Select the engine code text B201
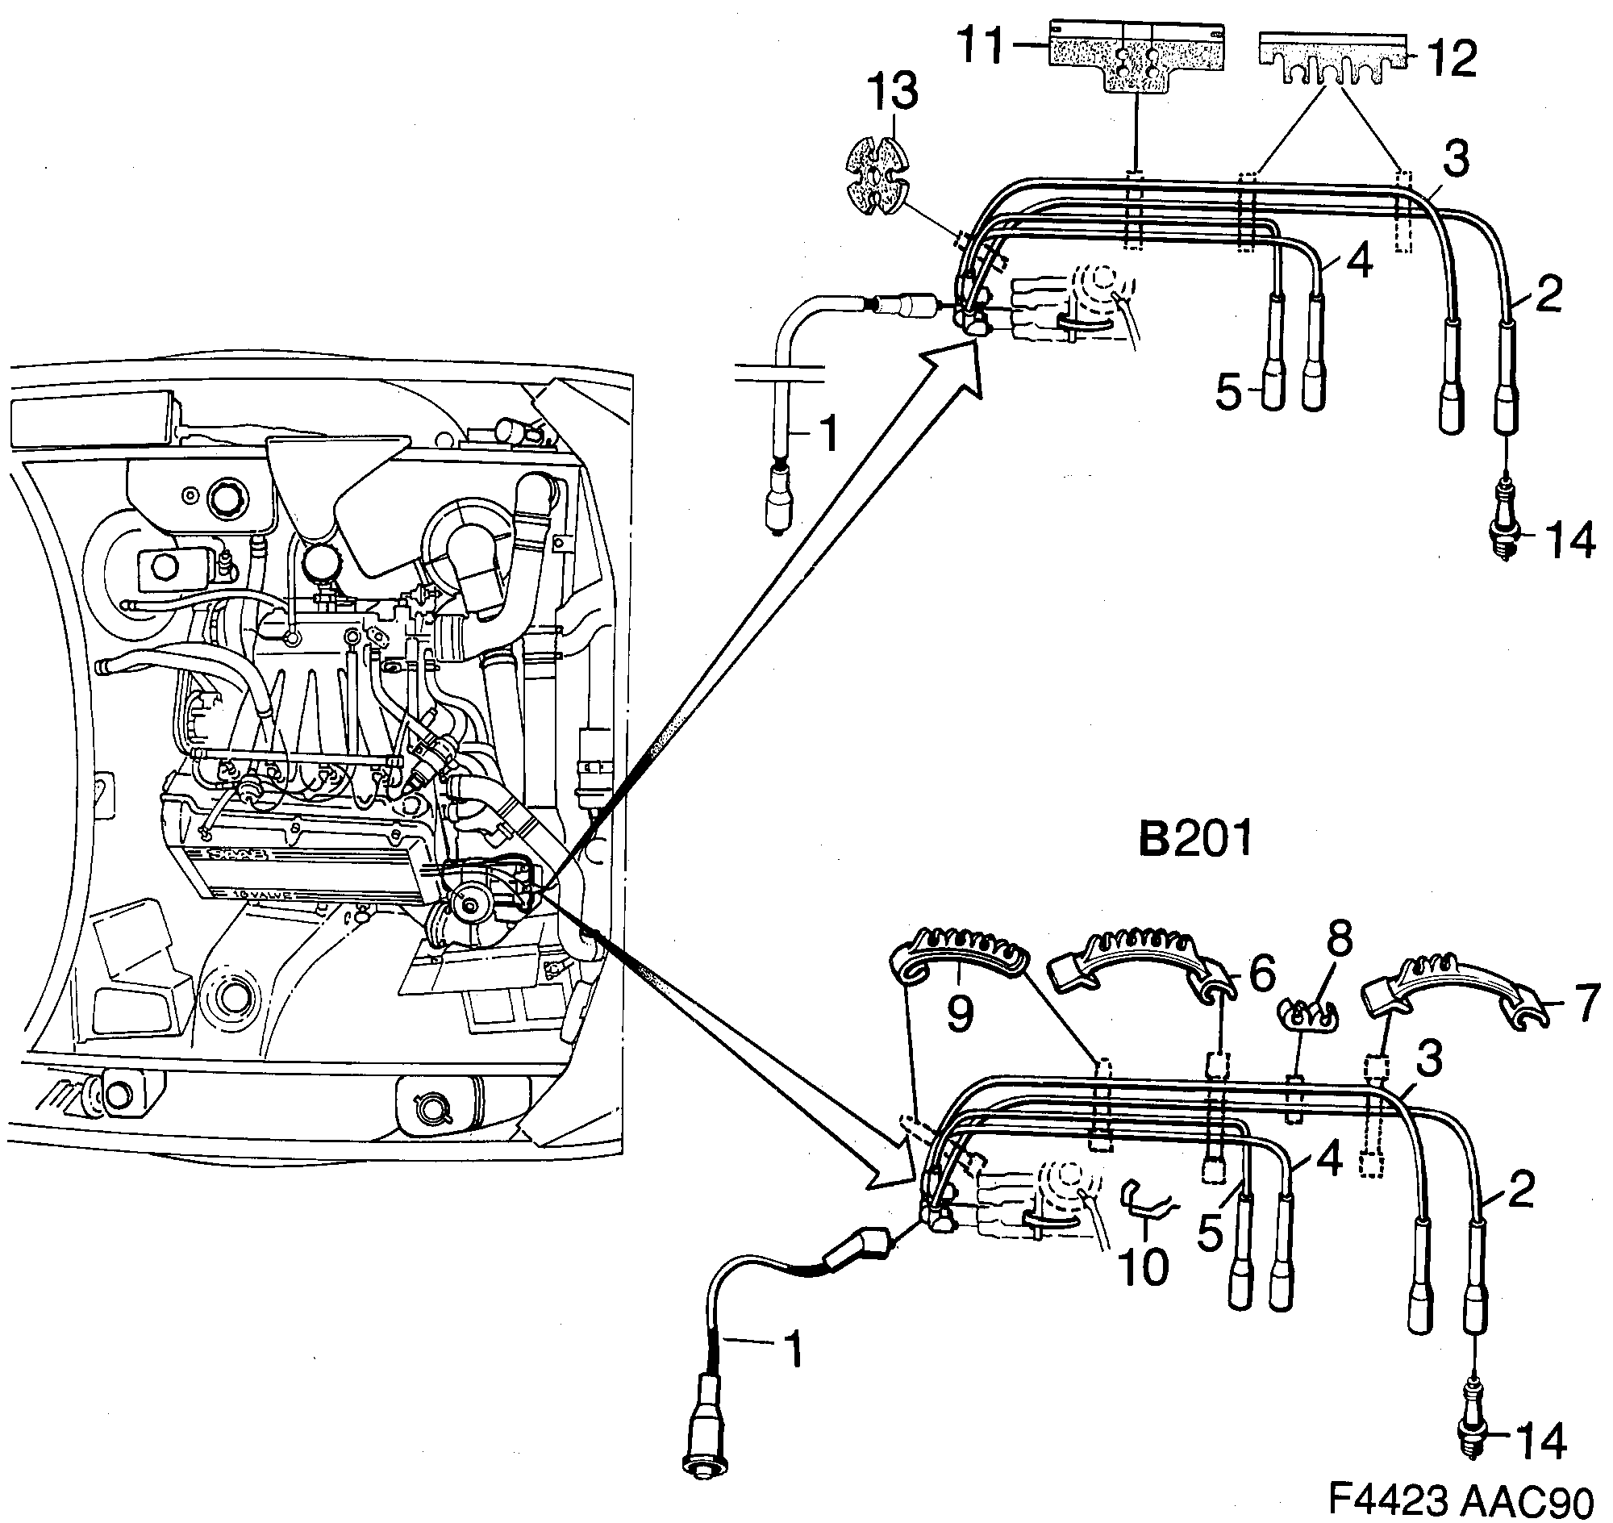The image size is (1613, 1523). click(x=1195, y=839)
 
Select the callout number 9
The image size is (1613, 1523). click(x=960, y=1012)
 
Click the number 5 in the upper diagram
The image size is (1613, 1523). click(x=1229, y=393)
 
